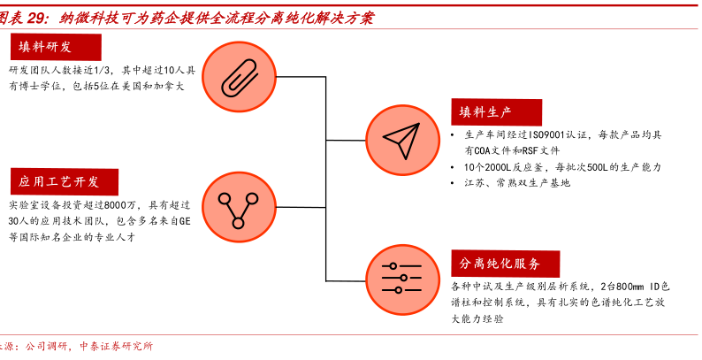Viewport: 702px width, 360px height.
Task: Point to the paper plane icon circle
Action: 400,138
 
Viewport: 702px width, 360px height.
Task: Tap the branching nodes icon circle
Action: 237,207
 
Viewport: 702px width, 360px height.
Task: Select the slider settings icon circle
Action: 400,276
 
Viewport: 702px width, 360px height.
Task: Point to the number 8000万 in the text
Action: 126,204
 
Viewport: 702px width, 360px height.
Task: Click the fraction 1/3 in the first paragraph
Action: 105,70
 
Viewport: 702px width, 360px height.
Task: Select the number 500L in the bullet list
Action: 599,167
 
